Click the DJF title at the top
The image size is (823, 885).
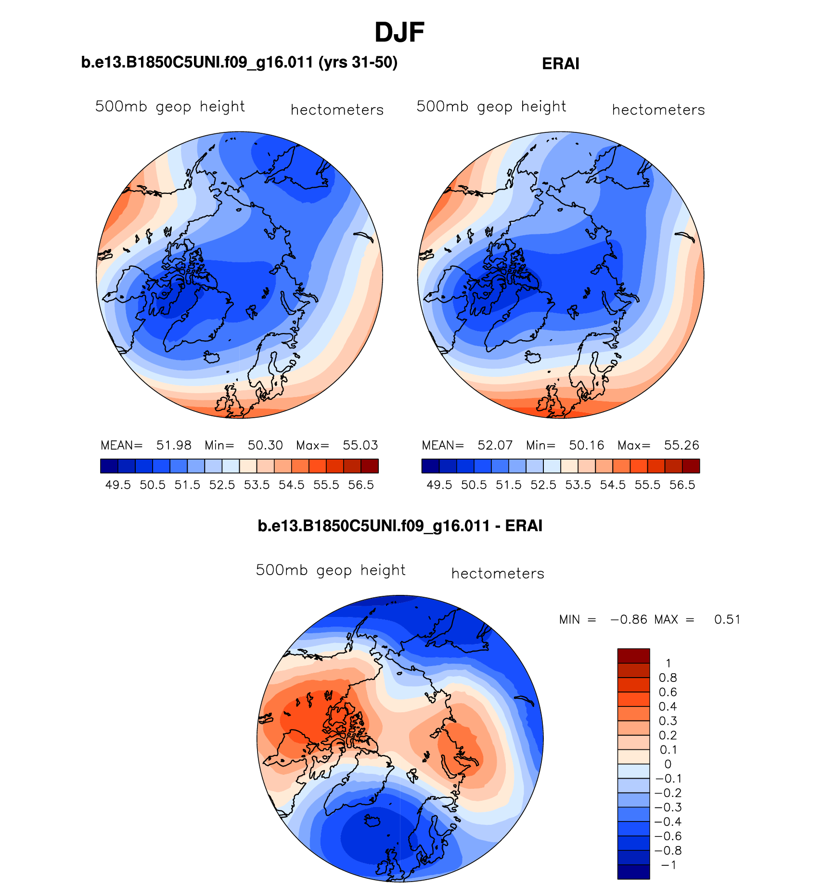click(x=399, y=33)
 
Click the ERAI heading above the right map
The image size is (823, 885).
click(x=560, y=64)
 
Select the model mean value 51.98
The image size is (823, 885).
click(x=174, y=446)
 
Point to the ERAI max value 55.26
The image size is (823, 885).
click(x=682, y=446)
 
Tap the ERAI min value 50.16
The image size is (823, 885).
click(x=586, y=446)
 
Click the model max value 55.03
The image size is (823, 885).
click(x=360, y=446)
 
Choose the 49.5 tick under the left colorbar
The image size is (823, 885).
click(x=118, y=485)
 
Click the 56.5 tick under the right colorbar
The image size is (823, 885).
click(x=682, y=485)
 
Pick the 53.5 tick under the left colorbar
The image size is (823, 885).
click(x=257, y=485)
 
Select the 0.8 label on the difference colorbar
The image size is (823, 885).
click(x=668, y=678)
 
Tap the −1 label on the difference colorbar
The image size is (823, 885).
click(x=669, y=865)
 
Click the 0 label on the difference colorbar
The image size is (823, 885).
click(x=668, y=764)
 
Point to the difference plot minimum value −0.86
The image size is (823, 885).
click(x=629, y=620)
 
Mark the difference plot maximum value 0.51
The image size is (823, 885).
click(x=727, y=620)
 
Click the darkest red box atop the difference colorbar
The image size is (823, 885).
click(x=633, y=656)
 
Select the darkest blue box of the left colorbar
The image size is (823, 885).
click(x=109, y=466)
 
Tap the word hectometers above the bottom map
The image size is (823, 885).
click(x=498, y=574)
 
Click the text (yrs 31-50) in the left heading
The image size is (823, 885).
click(x=358, y=63)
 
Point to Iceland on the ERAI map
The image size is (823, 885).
click(x=534, y=358)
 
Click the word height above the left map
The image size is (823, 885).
click(x=222, y=107)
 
